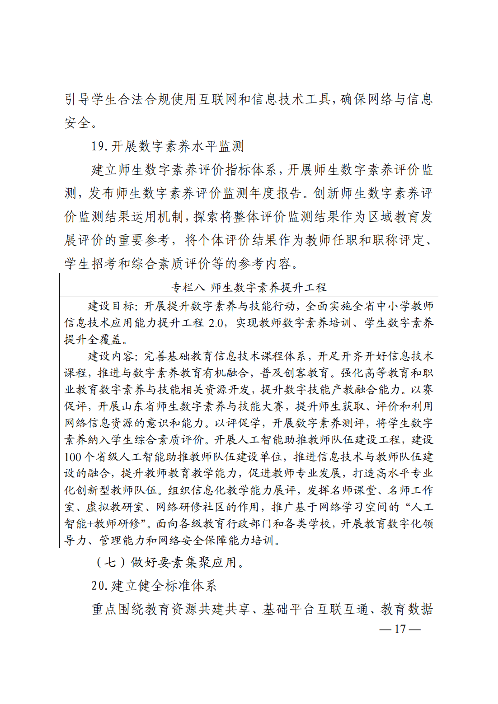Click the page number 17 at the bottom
click(x=400, y=629)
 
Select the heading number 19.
click(x=98, y=146)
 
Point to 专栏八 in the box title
click(x=188, y=288)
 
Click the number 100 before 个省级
click(x=72, y=457)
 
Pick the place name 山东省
click(x=138, y=406)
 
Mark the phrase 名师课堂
click(x=359, y=490)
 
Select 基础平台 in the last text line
click(x=289, y=609)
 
